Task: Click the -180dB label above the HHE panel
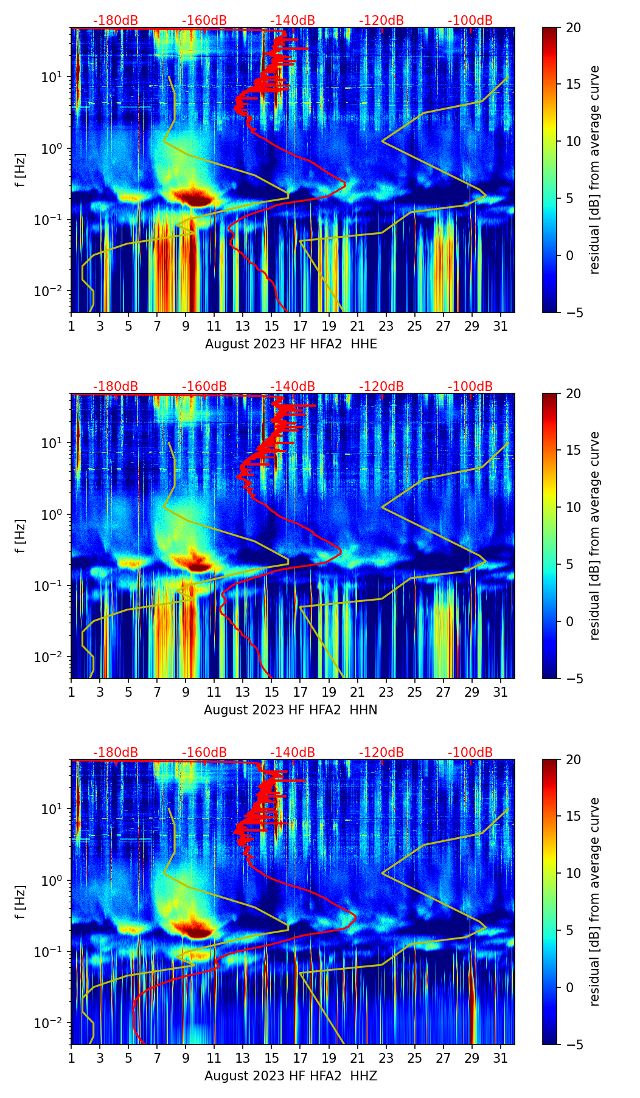tap(116, 21)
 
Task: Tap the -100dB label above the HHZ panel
tap(470, 753)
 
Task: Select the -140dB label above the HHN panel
tap(293, 387)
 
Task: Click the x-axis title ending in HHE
tap(291, 344)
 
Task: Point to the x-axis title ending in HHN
tap(290, 710)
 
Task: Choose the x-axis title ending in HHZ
tap(290, 1076)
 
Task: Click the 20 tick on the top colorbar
tap(573, 28)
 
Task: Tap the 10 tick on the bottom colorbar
tap(573, 874)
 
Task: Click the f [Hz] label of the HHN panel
tap(21, 536)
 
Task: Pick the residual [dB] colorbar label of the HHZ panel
tap(594, 902)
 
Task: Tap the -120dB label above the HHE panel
tap(381, 21)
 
